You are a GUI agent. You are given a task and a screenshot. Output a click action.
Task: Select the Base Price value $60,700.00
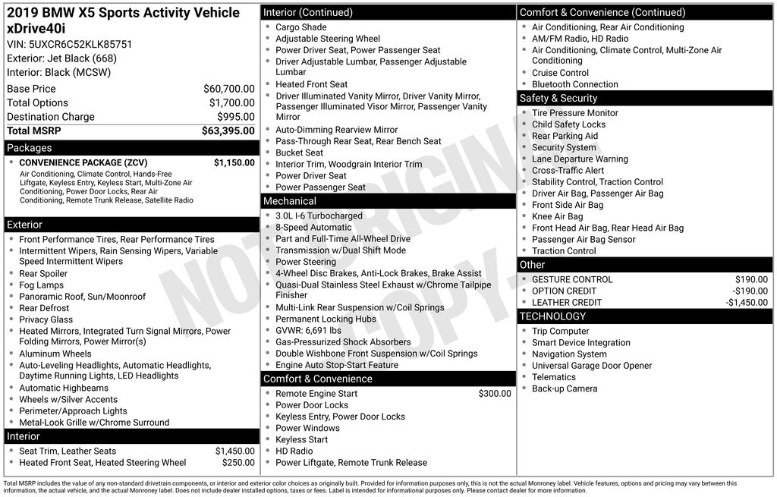point(228,89)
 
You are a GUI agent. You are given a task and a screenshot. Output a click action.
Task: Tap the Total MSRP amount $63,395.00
point(228,131)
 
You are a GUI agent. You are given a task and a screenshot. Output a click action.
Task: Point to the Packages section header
point(30,148)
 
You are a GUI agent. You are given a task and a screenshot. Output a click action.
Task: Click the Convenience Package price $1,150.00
point(234,162)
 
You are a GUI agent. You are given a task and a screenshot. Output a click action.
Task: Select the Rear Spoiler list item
point(43,274)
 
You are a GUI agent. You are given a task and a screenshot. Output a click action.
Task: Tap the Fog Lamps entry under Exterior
point(41,285)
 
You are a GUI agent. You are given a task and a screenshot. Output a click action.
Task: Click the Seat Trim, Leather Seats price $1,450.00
point(234,451)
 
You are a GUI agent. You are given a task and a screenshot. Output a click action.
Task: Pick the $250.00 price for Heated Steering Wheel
point(238,463)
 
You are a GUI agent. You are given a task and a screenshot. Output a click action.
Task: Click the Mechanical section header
point(289,201)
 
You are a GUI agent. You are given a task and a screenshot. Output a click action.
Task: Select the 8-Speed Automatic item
point(313,228)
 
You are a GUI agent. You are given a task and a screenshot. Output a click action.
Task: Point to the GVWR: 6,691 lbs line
point(308,331)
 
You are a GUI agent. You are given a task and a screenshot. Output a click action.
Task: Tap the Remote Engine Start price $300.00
point(495,394)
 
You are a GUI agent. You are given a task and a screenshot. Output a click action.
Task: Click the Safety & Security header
point(558,99)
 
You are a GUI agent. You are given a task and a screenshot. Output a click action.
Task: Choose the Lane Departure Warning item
point(580,159)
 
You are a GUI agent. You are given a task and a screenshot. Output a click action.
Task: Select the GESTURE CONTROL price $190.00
point(751,280)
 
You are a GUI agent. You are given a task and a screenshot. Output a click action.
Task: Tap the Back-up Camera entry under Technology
point(565,388)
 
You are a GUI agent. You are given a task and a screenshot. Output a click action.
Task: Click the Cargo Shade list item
point(301,27)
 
